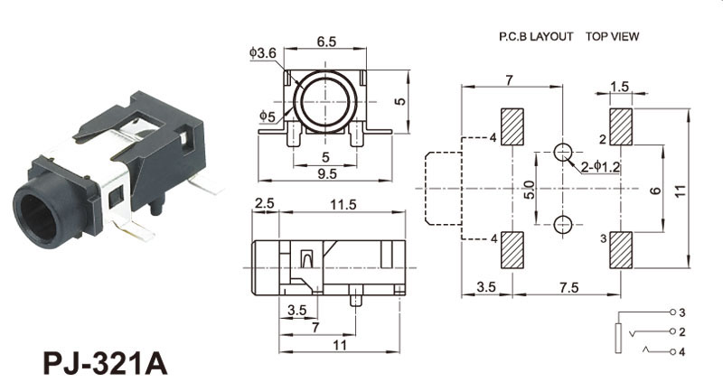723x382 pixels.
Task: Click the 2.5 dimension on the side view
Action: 264,205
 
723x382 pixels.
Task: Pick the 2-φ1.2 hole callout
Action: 601,167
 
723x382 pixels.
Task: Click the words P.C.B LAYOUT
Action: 536,37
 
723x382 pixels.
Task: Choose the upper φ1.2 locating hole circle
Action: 564,151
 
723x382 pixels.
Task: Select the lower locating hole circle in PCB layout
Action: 564,224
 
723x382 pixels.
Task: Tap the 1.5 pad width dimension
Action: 619,87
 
